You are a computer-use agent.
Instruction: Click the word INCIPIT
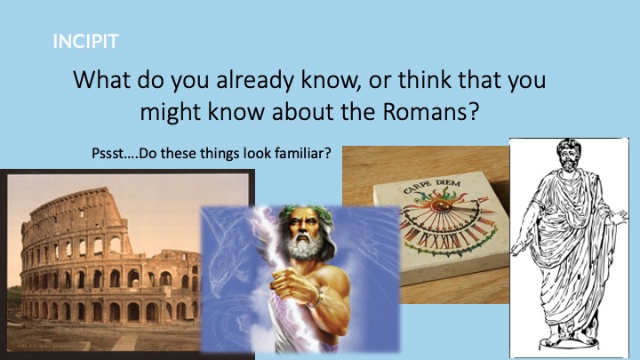click(85, 41)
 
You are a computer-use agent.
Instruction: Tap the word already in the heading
click(254, 80)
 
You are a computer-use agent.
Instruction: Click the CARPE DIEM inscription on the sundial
click(431, 186)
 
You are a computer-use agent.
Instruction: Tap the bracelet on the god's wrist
click(315, 298)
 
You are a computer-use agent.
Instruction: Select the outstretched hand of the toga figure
click(620, 215)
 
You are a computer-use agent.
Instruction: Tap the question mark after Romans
click(473, 111)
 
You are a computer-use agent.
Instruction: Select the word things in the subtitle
click(220, 155)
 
